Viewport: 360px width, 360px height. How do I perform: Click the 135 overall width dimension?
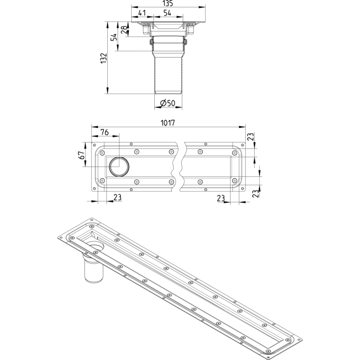pos(168,3)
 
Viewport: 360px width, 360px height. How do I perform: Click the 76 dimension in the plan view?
pos(104,132)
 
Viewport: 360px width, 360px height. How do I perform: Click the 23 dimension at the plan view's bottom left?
pos(118,197)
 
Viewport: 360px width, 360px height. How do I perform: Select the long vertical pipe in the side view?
pos(168,71)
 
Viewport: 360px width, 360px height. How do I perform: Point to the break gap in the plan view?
pos(178,167)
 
